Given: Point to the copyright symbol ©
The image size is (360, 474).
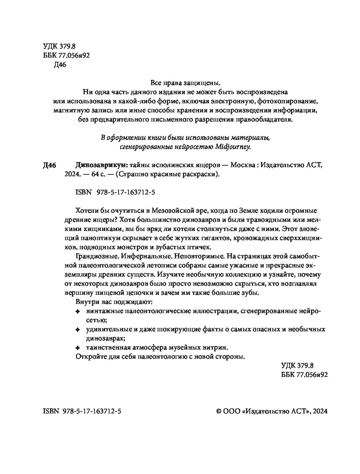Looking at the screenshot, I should (x=219, y=411).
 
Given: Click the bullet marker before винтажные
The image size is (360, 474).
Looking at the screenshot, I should (x=77, y=312).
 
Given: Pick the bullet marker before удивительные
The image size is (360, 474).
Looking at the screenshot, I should (x=77, y=330).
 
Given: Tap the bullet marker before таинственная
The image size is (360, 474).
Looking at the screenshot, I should (x=77, y=347).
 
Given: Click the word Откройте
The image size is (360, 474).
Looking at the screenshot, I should (x=89, y=357).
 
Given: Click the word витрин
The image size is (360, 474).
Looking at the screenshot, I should (x=218, y=347).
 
